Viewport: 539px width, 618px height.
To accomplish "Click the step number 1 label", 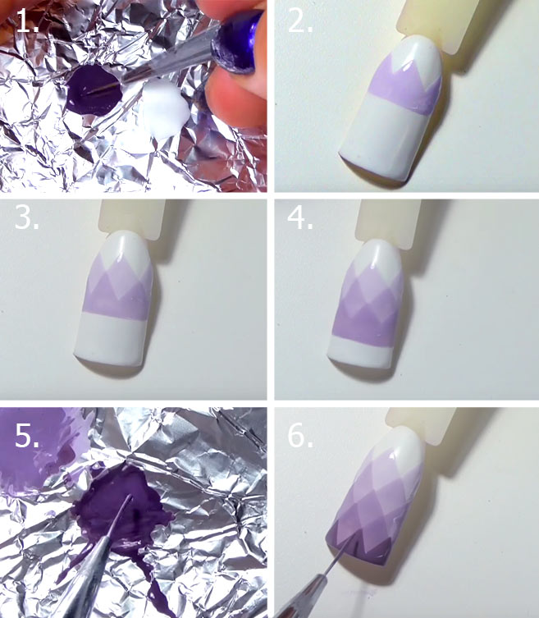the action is (27, 21).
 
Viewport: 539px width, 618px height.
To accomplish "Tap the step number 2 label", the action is (300, 21).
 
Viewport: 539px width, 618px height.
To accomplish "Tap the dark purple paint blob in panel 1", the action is (94, 90).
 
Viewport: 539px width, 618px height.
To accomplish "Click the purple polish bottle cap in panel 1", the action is (236, 43).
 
